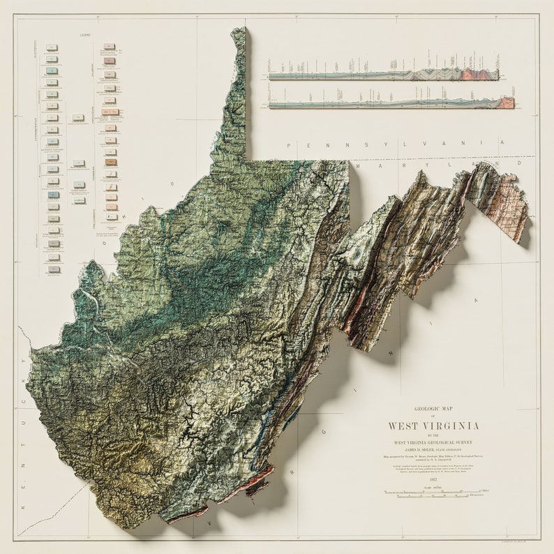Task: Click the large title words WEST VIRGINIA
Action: tap(433, 426)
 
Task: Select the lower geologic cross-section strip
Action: tap(391, 103)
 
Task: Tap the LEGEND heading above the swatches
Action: tap(85, 33)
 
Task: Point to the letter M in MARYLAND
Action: tap(357, 167)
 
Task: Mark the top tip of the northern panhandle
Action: tap(239, 30)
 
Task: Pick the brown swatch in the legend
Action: tap(110, 162)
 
